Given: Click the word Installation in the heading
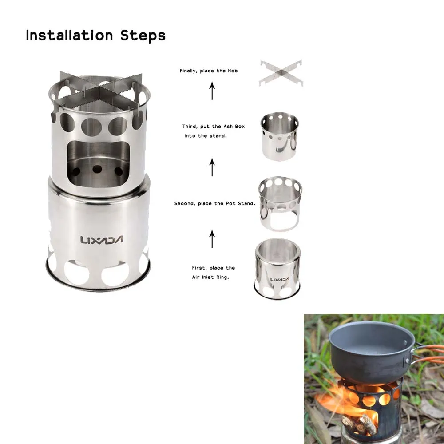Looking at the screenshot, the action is coord(69,36).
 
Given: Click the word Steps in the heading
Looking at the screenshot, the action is coord(143,36).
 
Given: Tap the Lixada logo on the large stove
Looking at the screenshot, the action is coord(102,240).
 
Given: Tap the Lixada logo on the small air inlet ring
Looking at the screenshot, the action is coord(280,279).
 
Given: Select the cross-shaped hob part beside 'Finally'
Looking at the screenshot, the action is coord(281,73).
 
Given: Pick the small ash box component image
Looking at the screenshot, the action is coord(279,136).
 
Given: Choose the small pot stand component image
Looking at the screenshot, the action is coord(280,203).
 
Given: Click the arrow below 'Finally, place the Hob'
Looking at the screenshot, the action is coord(212,90).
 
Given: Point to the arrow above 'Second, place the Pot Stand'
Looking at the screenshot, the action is coord(212,167).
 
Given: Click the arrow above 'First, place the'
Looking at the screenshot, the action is coord(212,239).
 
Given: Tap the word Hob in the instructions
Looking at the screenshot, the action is coord(233,71).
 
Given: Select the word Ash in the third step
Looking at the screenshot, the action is coord(228,126).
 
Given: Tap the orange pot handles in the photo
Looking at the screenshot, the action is coord(428,354).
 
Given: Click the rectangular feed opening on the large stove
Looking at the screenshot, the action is coord(98,164).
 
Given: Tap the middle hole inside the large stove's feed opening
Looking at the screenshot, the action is coord(97,169).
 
